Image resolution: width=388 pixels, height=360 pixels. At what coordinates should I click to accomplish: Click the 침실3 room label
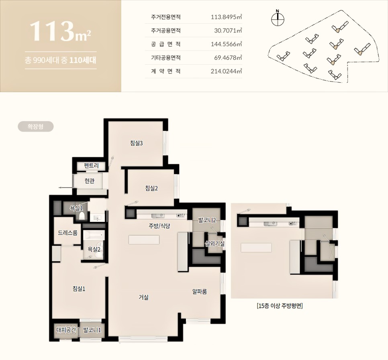[136, 143]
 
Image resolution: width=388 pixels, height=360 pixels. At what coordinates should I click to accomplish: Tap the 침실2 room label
[151, 188]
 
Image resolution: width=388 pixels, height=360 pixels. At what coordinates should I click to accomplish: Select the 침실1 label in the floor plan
[79, 289]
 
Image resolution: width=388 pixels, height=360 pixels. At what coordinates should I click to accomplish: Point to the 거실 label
[143, 297]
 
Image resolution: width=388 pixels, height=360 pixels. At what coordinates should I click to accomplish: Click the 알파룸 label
[200, 291]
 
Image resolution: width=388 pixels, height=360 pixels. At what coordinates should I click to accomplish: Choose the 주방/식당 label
[159, 226]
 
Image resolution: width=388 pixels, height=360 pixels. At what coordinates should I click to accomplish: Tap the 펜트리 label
[91, 166]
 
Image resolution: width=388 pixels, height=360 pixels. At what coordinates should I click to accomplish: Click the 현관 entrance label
[90, 181]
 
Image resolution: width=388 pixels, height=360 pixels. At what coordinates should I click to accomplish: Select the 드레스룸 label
[67, 233]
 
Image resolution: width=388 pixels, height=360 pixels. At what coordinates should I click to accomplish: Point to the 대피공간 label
[66, 330]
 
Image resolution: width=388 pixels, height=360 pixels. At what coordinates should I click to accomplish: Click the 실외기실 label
[215, 244]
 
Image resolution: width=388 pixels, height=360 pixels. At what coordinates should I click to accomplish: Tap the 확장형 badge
[36, 126]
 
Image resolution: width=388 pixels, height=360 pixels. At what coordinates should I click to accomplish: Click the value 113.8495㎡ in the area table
[226, 17]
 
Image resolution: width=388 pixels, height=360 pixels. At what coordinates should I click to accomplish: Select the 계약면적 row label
[165, 71]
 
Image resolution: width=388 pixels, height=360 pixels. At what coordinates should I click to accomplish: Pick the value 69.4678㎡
[228, 58]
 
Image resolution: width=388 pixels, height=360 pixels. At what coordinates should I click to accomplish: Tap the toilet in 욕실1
[82, 216]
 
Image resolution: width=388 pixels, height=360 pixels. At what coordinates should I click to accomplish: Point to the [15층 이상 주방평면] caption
[280, 306]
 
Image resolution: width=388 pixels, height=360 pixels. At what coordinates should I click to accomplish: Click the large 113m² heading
[60, 31]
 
